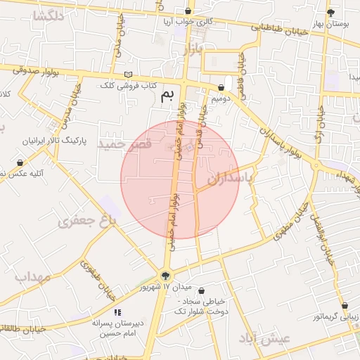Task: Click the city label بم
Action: tap(167, 97)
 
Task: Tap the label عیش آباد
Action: tap(264, 339)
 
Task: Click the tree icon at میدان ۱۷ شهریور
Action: tap(166, 276)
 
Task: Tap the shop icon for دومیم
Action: tap(221, 89)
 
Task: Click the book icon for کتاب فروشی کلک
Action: tap(127, 75)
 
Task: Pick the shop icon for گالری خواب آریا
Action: tap(187, 11)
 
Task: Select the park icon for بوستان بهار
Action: tap(330, 13)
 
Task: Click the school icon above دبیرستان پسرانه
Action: tap(117, 311)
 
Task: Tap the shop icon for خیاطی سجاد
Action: tap(202, 291)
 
